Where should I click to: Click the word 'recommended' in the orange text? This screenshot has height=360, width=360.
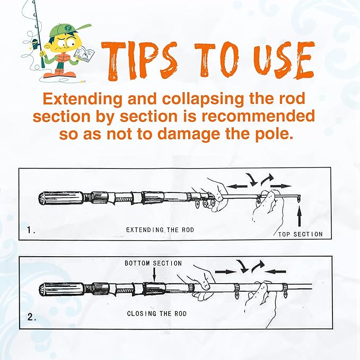[x=258, y=116]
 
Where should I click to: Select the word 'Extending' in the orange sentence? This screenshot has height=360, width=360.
[x=82, y=99]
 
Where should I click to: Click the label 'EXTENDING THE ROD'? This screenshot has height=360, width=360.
[x=160, y=230]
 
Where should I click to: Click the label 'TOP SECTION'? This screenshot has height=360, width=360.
[x=300, y=234]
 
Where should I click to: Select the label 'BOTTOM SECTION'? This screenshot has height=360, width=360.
[x=153, y=263]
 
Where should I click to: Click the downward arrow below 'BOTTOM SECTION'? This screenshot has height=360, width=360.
[x=154, y=274]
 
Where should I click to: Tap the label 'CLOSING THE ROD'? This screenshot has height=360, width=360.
[x=157, y=314]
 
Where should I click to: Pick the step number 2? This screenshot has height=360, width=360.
[x=32, y=317]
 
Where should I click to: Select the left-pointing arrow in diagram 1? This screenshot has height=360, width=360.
[x=236, y=186]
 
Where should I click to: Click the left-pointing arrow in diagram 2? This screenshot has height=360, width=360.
[x=276, y=271]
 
